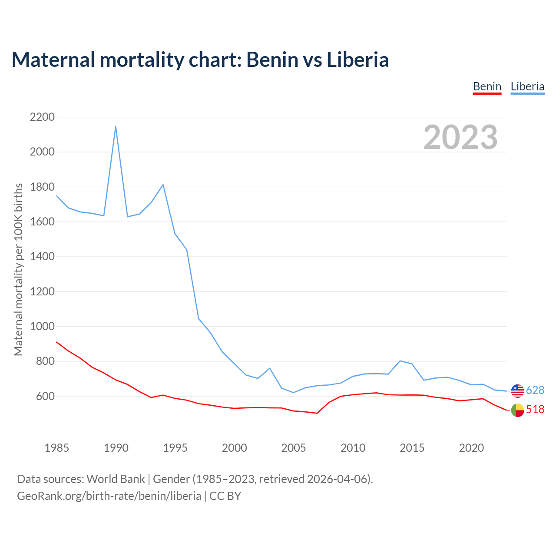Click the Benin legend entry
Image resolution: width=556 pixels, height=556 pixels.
click(x=487, y=86)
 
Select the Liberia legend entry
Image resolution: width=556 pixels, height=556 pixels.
click(x=527, y=86)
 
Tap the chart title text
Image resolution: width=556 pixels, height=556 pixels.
click(x=200, y=60)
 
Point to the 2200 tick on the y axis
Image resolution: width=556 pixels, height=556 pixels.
click(x=42, y=117)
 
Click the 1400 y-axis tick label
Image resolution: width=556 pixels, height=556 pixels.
click(x=42, y=257)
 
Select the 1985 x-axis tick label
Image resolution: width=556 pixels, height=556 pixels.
click(x=56, y=448)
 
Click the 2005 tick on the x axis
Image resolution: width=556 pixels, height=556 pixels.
click(x=294, y=448)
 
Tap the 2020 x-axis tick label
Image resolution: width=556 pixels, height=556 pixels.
click(x=471, y=448)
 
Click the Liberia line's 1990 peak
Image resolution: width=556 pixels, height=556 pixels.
click(x=116, y=126)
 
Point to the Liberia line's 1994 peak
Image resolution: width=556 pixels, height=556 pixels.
click(x=163, y=185)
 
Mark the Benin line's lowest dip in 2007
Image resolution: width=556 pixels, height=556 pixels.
click(x=317, y=413)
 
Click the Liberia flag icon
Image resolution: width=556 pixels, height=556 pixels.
click(x=517, y=391)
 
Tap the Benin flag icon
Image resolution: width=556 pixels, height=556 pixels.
click(x=517, y=410)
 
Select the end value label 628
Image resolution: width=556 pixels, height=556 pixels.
click(x=535, y=390)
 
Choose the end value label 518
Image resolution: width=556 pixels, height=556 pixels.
click(x=535, y=410)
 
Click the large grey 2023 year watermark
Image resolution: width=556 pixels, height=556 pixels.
click(x=460, y=137)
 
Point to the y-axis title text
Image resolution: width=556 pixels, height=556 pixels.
click(x=18, y=269)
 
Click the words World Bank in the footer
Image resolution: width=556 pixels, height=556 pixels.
click(x=116, y=479)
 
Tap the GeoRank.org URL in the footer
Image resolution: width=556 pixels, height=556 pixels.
click(x=109, y=496)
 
